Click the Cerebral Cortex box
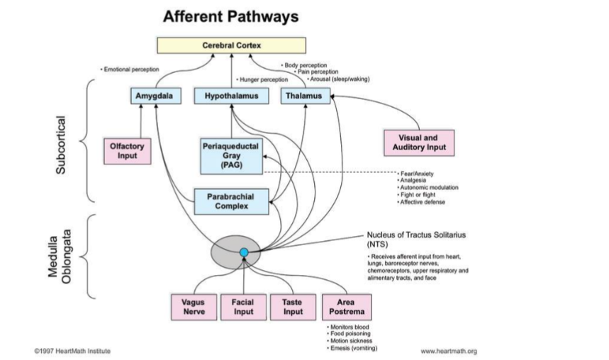click(232, 46)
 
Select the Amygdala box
click(155, 95)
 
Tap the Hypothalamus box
click(231, 95)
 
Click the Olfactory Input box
click(127, 150)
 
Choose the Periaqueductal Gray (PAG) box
click(231, 154)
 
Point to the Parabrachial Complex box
click(231, 201)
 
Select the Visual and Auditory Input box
click(419, 142)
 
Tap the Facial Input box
click(243, 307)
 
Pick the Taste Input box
click(293, 307)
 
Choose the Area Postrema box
click(346, 307)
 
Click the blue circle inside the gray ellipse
click(244, 252)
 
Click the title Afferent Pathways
click(230, 16)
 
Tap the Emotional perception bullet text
click(131, 69)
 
